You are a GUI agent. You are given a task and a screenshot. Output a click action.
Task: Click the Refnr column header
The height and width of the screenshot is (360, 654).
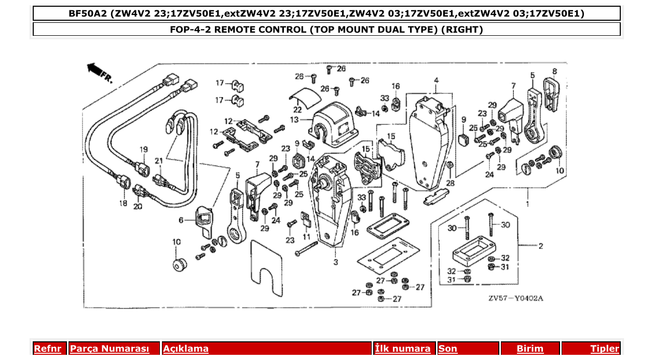coord(47,349)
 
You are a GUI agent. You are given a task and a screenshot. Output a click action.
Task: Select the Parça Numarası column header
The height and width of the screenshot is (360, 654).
coord(109,349)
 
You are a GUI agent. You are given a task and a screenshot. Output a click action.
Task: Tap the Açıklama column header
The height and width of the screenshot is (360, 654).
coord(186,349)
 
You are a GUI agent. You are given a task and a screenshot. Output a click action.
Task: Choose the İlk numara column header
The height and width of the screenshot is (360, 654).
coord(403,349)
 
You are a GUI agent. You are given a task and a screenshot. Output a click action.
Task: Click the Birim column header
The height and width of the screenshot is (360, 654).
coord(530,349)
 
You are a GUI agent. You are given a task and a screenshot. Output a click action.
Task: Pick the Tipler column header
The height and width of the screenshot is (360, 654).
coord(605,349)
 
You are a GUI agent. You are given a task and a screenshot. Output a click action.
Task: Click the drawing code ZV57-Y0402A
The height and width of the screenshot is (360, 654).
coord(515,298)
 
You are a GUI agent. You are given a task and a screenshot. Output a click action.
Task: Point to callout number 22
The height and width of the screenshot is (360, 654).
coord(297,110)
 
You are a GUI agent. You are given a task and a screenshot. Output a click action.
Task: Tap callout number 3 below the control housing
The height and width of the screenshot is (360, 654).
coord(336,262)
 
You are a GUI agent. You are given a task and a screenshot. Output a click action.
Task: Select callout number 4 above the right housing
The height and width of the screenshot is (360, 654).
coord(436,80)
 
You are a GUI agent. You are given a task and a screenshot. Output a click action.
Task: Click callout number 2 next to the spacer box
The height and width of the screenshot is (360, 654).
coord(540,246)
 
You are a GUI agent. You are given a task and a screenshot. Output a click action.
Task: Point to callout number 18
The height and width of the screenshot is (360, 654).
coord(123,203)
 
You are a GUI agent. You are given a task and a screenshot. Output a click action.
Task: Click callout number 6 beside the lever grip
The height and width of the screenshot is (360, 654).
coord(181,220)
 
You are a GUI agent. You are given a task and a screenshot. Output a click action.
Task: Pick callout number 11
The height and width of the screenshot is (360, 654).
coord(307,237)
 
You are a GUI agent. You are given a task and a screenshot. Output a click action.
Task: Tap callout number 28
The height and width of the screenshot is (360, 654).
coord(450,184)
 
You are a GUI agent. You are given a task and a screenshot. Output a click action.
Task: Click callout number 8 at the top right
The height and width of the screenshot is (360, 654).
coord(554,71)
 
